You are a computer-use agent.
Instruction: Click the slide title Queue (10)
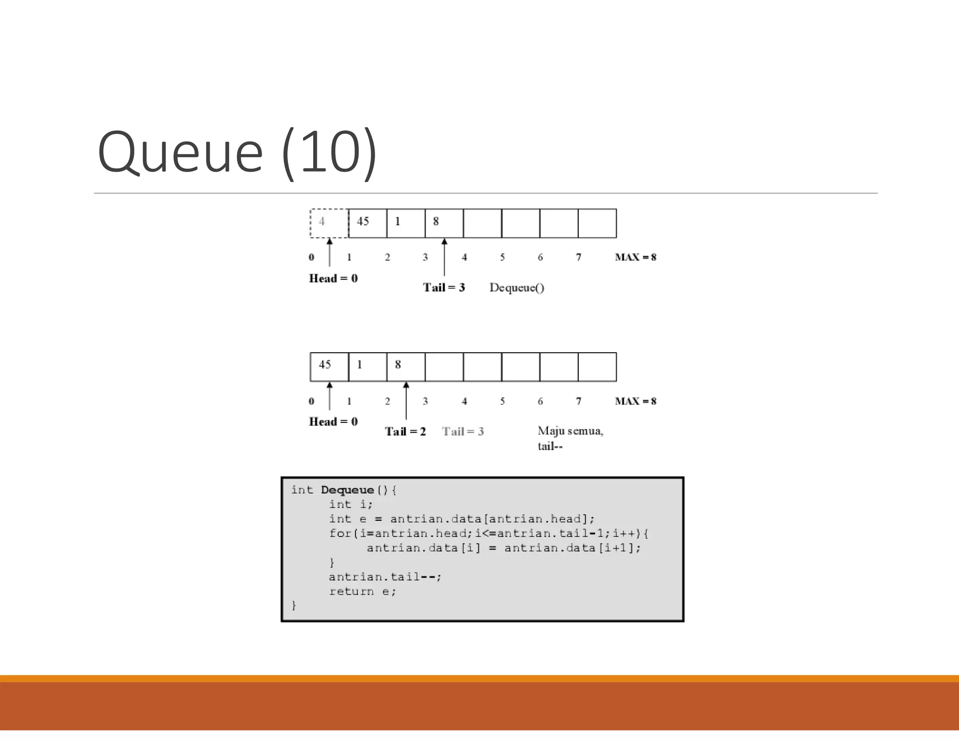237,153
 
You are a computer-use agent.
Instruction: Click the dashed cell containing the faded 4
329,223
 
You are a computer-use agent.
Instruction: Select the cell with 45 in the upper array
368,223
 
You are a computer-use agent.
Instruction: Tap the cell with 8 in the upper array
444,223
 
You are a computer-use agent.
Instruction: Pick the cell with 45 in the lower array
329,367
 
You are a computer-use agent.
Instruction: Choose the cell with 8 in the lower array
406,367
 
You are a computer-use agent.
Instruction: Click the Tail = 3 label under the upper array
443,287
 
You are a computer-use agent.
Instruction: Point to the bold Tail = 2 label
405,431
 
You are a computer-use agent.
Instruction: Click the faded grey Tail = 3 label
463,431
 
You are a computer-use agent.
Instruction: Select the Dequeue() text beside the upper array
516,288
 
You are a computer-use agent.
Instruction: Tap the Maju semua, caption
570,431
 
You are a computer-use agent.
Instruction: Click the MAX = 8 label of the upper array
635,257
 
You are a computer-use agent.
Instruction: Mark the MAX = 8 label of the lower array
635,401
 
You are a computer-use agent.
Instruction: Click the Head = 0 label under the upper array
333,278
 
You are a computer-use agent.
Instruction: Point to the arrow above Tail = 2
406,400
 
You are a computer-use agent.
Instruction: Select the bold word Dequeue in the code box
347,490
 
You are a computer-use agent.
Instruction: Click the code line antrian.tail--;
385,577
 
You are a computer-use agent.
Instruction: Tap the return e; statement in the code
362,591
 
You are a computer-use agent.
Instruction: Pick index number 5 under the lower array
502,401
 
